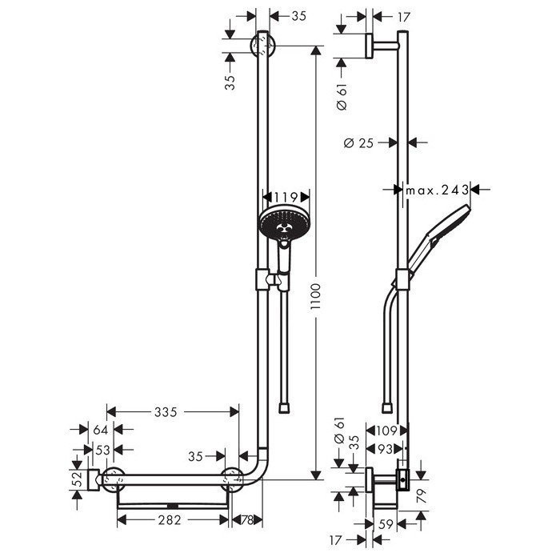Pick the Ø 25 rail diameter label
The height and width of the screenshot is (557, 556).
click(360, 142)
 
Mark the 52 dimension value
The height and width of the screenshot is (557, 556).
click(78, 479)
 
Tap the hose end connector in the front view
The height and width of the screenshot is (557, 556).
click(285, 407)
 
